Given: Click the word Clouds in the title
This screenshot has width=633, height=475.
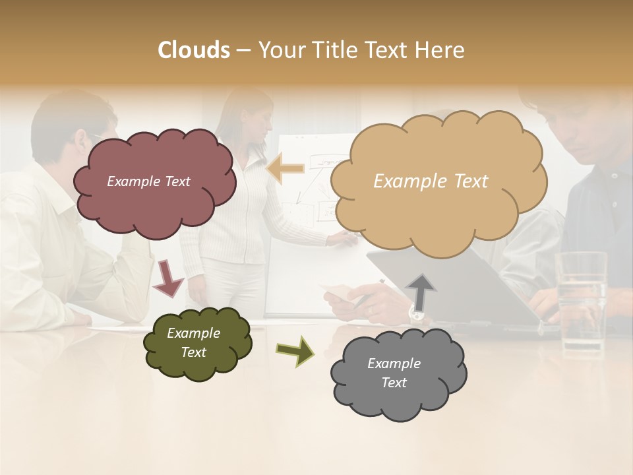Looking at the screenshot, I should [x=194, y=50].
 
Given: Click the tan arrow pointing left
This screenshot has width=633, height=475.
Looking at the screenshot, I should [x=286, y=168].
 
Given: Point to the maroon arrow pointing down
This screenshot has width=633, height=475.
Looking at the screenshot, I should [x=169, y=278].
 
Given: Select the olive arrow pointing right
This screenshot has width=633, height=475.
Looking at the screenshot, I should [x=295, y=350].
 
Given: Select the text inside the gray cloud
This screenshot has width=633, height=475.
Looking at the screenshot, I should [x=394, y=373].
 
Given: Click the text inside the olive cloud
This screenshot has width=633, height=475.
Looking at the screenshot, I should [x=193, y=342].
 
